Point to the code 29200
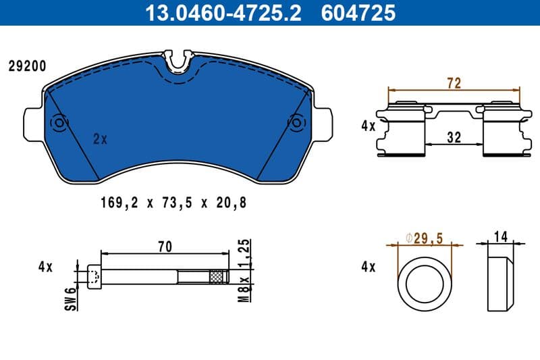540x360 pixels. [27, 66]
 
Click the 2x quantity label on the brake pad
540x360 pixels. [100, 139]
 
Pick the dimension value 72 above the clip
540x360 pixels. [454, 83]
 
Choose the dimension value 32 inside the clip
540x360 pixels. [454, 138]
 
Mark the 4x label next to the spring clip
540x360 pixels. [368, 126]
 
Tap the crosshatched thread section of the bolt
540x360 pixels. [216, 276]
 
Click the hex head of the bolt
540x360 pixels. [94, 276]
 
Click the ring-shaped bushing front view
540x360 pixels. [425, 283]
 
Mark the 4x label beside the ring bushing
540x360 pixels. [368, 267]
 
